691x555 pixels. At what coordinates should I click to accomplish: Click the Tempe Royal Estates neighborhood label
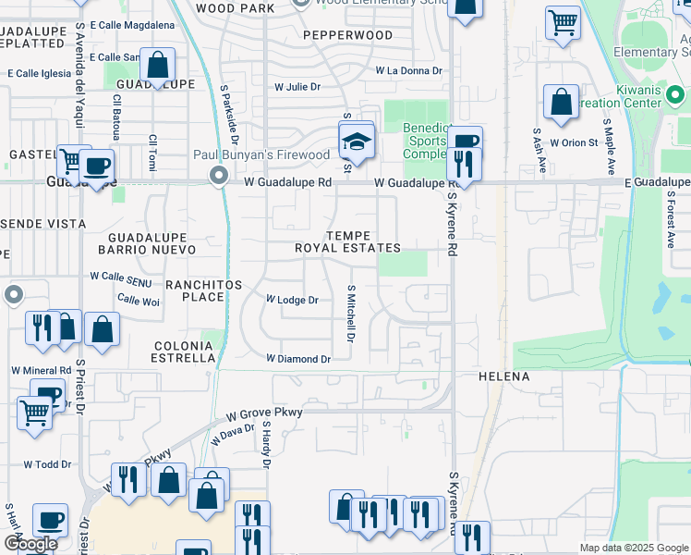click(347, 241)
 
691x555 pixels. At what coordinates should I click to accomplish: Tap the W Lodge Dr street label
click(292, 300)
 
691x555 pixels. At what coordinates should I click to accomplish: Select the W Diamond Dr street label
click(298, 358)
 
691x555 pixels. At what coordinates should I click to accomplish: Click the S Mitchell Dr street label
click(351, 314)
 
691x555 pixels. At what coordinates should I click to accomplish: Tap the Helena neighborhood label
click(504, 377)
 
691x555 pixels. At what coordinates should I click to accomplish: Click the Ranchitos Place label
click(194, 290)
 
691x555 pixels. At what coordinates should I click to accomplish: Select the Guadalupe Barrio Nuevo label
click(147, 244)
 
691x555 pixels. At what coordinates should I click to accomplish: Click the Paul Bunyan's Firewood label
click(261, 155)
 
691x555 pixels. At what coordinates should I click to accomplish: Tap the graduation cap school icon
click(357, 142)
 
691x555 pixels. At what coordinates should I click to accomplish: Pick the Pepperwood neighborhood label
click(347, 35)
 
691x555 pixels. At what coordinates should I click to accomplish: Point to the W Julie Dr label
click(297, 87)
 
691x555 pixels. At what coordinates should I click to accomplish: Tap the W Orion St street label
click(574, 142)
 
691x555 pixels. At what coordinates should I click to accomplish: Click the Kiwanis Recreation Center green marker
click(676, 94)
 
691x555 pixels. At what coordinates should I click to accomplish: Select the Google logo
click(30, 544)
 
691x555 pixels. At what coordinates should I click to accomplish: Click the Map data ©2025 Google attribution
click(634, 548)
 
